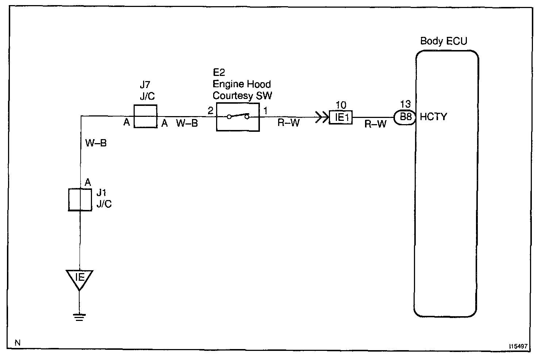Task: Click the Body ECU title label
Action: [444, 41]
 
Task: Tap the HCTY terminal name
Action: [433, 117]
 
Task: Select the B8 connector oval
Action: [405, 117]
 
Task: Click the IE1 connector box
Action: [341, 118]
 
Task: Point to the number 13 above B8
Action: [405, 104]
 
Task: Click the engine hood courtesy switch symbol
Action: [238, 117]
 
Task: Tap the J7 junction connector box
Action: [145, 116]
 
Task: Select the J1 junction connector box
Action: [80, 200]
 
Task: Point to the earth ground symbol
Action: [79, 317]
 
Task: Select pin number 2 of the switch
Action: [210, 111]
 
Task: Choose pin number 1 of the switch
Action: [265, 111]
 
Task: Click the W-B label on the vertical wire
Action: [96, 143]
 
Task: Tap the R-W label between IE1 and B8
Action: [376, 125]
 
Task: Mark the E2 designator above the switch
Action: [219, 73]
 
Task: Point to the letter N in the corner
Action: [18, 342]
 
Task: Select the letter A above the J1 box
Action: [88, 182]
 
